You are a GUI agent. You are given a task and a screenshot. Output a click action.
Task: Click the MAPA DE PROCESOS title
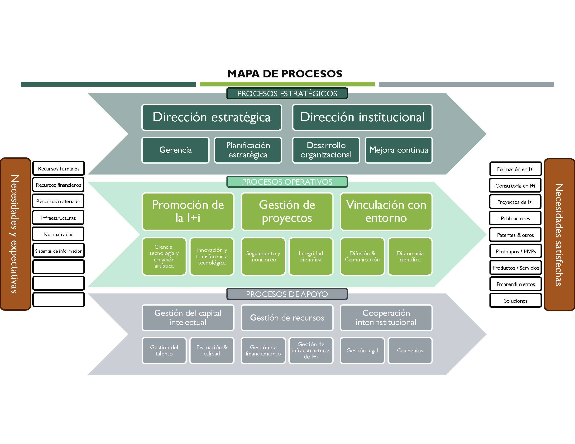pyautogui.click(x=285, y=74)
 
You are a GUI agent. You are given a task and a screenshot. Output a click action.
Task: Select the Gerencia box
pyautogui.click(x=175, y=150)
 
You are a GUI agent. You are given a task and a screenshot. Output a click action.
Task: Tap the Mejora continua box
pyautogui.click(x=399, y=150)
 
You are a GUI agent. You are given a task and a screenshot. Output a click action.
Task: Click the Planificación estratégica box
pyautogui.click(x=248, y=150)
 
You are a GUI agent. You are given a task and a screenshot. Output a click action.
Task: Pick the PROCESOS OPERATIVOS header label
pyautogui.click(x=287, y=182)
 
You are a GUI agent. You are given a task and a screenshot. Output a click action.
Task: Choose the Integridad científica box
pyautogui.click(x=311, y=256)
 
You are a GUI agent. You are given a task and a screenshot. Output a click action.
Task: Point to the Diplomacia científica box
pyautogui.click(x=410, y=256)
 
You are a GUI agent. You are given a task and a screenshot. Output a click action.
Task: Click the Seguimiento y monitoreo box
pyautogui.click(x=263, y=256)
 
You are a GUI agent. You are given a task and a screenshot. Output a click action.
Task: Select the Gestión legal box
pyautogui.click(x=362, y=350)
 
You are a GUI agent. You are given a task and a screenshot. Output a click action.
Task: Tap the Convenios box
pyautogui.click(x=410, y=350)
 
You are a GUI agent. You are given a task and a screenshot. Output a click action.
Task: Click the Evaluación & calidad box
pyautogui.click(x=212, y=350)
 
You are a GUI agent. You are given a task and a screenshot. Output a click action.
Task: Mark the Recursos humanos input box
pyautogui.click(x=58, y=168)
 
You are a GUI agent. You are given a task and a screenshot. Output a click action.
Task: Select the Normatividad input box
pyautogui.click(x=58, y=234)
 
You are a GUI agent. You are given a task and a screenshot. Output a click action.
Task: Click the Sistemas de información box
pyautogui.click(x=58, y=251)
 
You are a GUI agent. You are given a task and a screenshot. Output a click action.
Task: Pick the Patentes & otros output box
pyautogui.click(x=515, y=235)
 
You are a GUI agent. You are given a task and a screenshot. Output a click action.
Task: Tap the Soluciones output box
pyautogui.click(x=515, y=301)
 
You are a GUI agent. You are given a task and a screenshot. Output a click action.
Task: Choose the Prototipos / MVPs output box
pyautogui.click(x=515, y=251)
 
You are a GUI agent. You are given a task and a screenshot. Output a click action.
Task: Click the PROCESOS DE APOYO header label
pyautogui.click(x=287, y=294)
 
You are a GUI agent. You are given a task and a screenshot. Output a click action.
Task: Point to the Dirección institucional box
pyautogui.click(x=362, y=117)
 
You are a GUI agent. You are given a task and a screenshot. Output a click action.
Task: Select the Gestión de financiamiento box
pyautogui.click(x=263, y=350)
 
